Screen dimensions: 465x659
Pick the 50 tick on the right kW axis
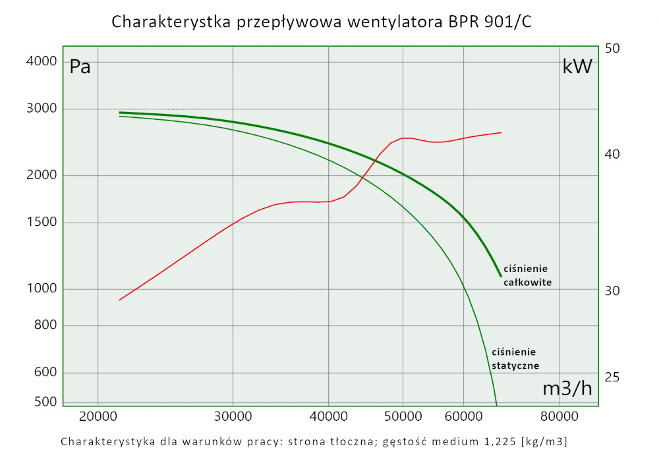[613, 49]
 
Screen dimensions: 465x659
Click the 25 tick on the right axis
[613, 377]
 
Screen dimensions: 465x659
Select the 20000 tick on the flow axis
[98, 417]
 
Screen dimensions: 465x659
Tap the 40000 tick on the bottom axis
[328, 417]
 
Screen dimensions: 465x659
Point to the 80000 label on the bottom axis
[559, 417]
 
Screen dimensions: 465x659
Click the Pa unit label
[80, 67]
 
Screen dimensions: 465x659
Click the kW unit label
[577, 67]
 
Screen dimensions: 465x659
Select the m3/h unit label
[567, 389]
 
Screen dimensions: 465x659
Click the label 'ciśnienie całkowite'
[527, 275]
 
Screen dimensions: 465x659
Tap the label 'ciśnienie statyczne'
[515, 359]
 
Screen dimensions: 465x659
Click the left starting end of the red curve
[119, 300]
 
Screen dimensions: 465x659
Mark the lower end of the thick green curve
[501, 277]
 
